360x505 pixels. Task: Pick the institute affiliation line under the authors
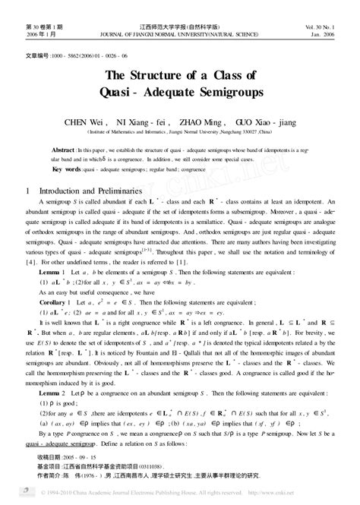coord(179,130)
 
